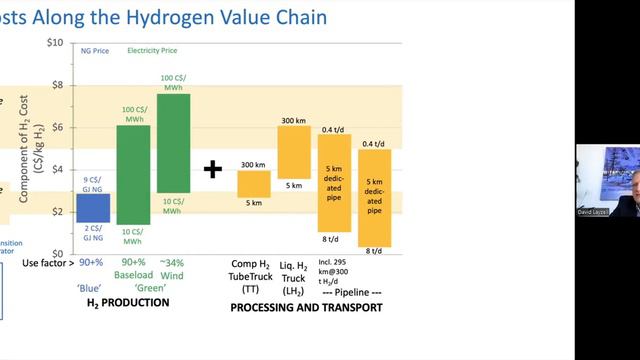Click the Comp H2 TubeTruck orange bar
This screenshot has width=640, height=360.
tap(253, 184)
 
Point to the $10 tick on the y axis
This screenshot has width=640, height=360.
tap(56, 43)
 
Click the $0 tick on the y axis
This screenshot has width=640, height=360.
tap(59, 253)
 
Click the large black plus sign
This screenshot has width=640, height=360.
tap(212, 169)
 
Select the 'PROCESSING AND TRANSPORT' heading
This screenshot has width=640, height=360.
tap(306, 307)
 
